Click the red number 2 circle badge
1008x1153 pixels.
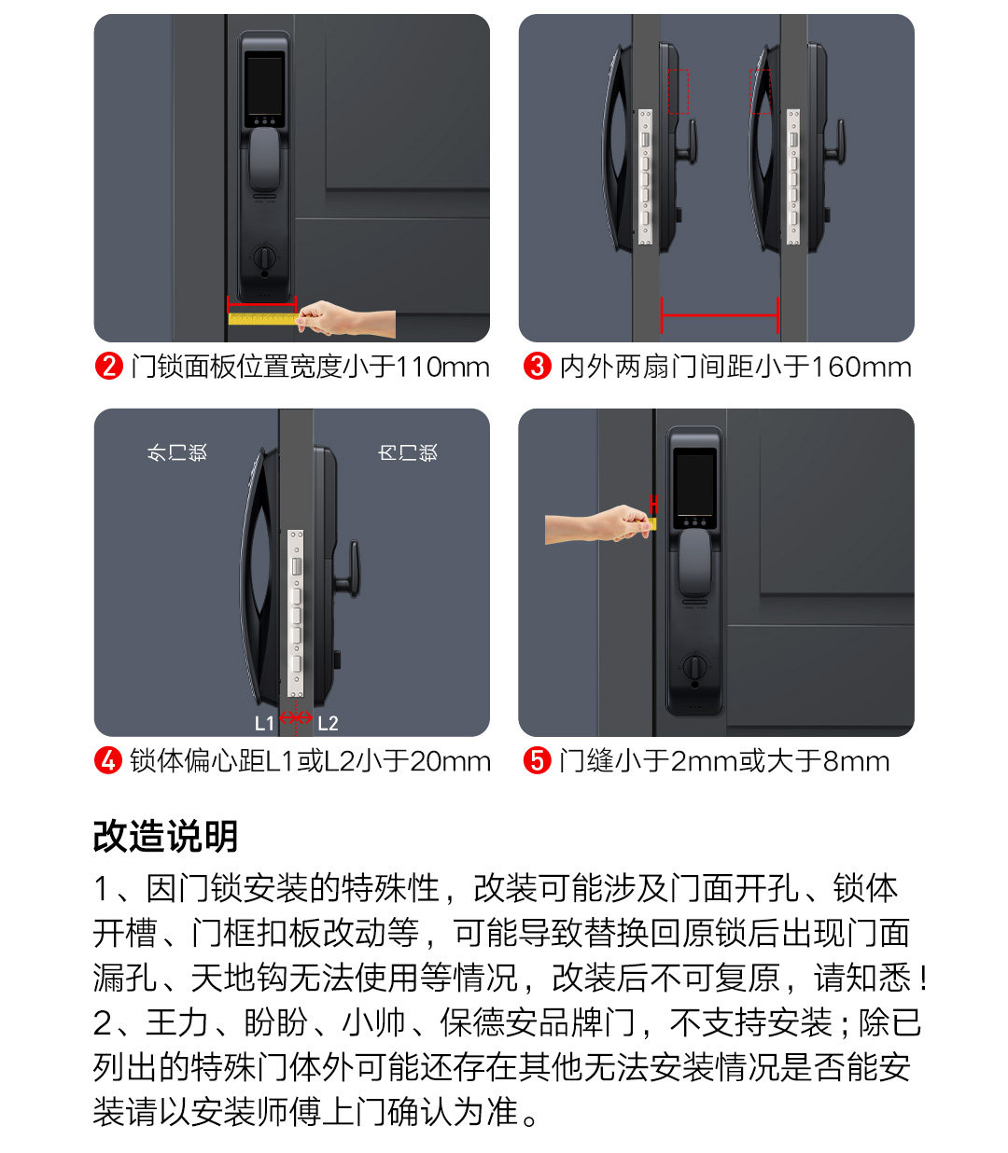pos(109,367)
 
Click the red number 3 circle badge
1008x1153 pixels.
pos(537,367)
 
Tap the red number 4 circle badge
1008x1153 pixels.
pos(109,761)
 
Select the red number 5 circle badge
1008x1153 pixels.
pos(537,761)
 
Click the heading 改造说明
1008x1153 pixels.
pos(165,836)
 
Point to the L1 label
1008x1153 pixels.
pos(264,723)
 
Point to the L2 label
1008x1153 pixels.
pos(328,723)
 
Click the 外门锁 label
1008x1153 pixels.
pos(177,451)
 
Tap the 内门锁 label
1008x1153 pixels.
pos(408,451)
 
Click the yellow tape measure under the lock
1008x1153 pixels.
pos(262,319)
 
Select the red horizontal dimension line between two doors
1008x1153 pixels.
pos(720,315)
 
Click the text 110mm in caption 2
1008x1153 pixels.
pos(442,367)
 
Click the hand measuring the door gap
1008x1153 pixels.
pos(598,524)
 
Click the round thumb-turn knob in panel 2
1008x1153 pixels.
pos(264,257)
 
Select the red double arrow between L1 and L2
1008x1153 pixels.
pos(296,717)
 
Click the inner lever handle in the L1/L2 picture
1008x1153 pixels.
pos(348,569)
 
